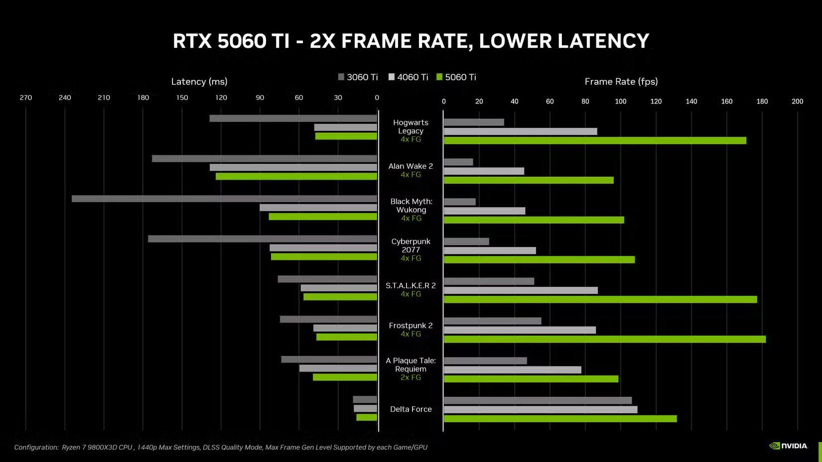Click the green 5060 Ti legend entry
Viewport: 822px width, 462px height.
coord(456,77)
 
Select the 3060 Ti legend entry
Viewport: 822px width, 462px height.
coord(358,77)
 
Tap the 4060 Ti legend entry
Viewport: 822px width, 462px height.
coord(408,77)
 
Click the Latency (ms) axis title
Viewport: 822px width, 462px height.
coord(199,82)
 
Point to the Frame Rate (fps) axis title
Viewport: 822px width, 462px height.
coord(621,82)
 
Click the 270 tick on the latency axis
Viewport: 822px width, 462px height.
coord(26,98)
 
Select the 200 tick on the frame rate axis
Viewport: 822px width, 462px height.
coord(797,102)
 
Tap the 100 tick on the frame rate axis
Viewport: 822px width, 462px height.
coord(620,102)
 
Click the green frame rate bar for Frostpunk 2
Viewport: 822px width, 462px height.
coord(604,340)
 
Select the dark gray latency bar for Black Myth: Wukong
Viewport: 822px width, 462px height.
coord(224,199)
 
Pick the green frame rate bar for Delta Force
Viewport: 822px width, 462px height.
coord(560,419)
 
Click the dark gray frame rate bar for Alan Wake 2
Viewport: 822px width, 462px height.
coord(458,162)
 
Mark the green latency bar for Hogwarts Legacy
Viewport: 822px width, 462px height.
coord(346,136)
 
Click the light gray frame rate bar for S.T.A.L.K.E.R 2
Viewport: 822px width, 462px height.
coord(521,291)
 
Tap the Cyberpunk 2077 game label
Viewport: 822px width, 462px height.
coord(411,245)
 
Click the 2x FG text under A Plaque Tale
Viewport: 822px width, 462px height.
coord(411,378)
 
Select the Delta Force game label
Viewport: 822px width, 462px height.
coord(411,409)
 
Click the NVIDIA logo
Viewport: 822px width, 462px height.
coord(789,446)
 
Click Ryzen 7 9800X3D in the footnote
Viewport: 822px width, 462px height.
coord(97,448)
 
